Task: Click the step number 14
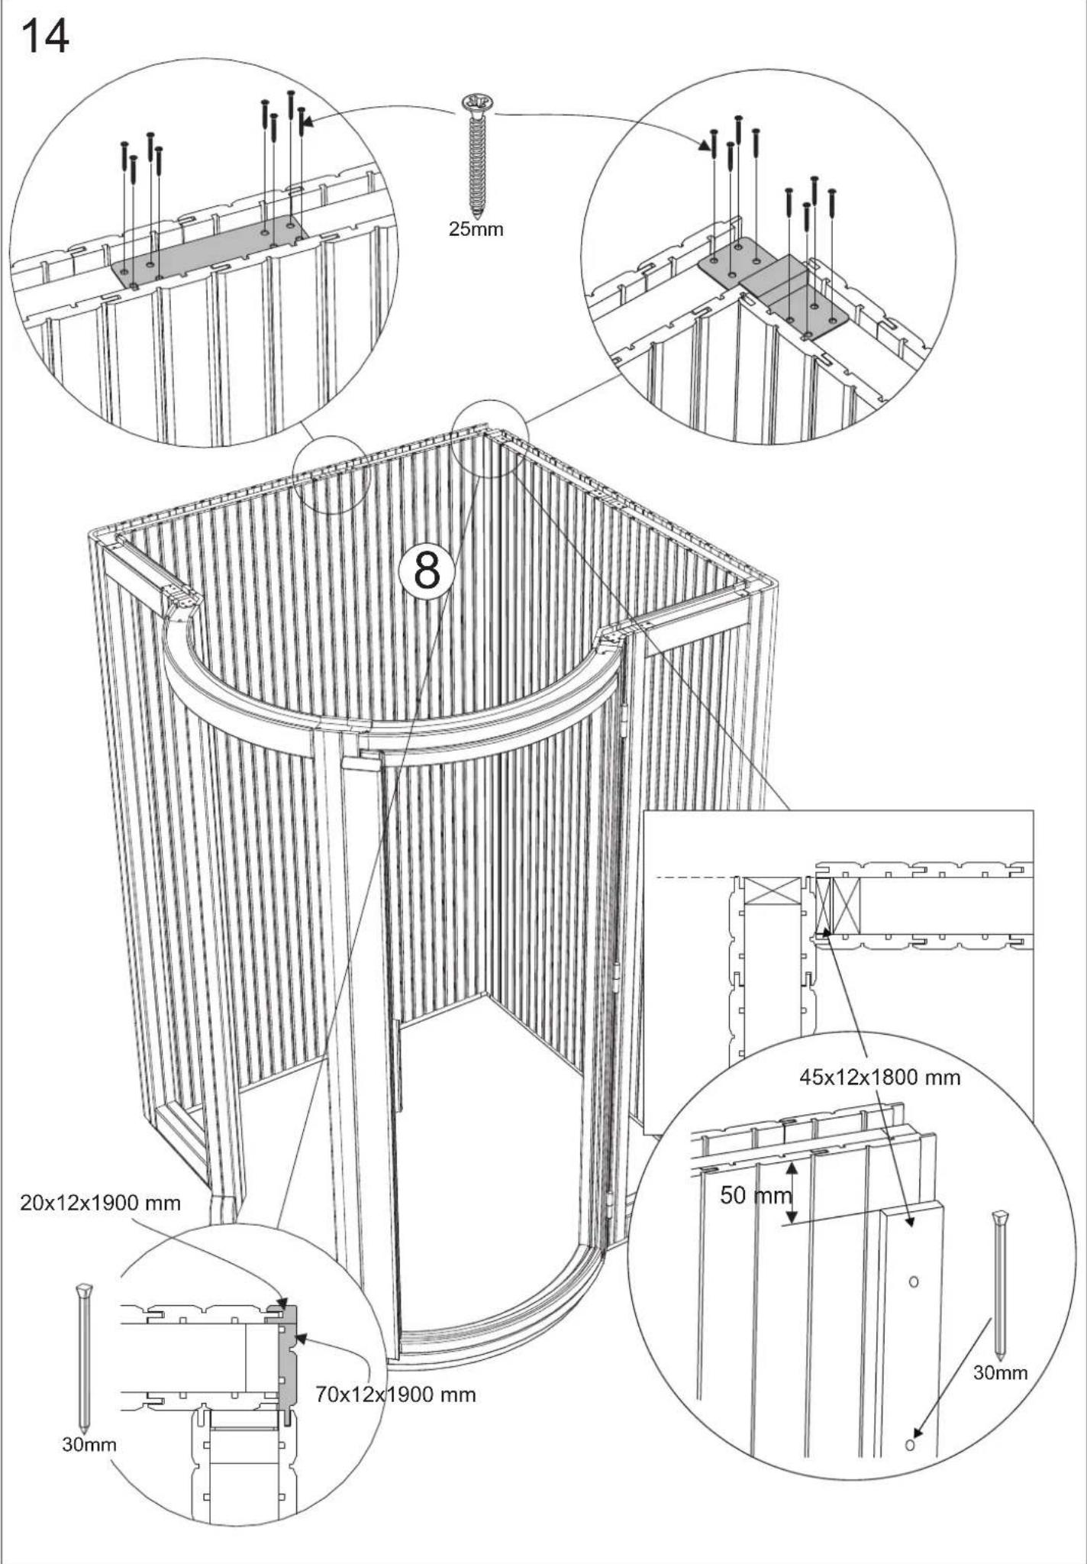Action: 45,36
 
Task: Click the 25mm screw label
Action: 476,229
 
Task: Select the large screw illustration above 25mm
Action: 478,153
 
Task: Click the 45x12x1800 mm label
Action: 879,1078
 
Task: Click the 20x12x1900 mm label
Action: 100,1204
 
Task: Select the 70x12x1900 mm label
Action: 395,1394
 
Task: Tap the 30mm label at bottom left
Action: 89,1445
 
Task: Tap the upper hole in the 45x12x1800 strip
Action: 913,1281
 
